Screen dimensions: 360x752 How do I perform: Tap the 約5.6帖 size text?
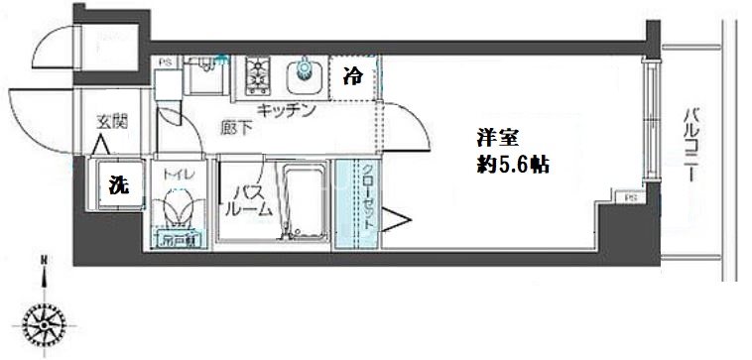click(x=513, y=166)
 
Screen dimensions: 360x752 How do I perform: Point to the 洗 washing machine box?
click(x=118, y=184)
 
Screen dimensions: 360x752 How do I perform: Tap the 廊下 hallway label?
click(x=236, y=126)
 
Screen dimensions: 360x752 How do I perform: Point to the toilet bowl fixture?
click(x=180, y=209)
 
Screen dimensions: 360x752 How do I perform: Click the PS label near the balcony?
click(x=629, y=199)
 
